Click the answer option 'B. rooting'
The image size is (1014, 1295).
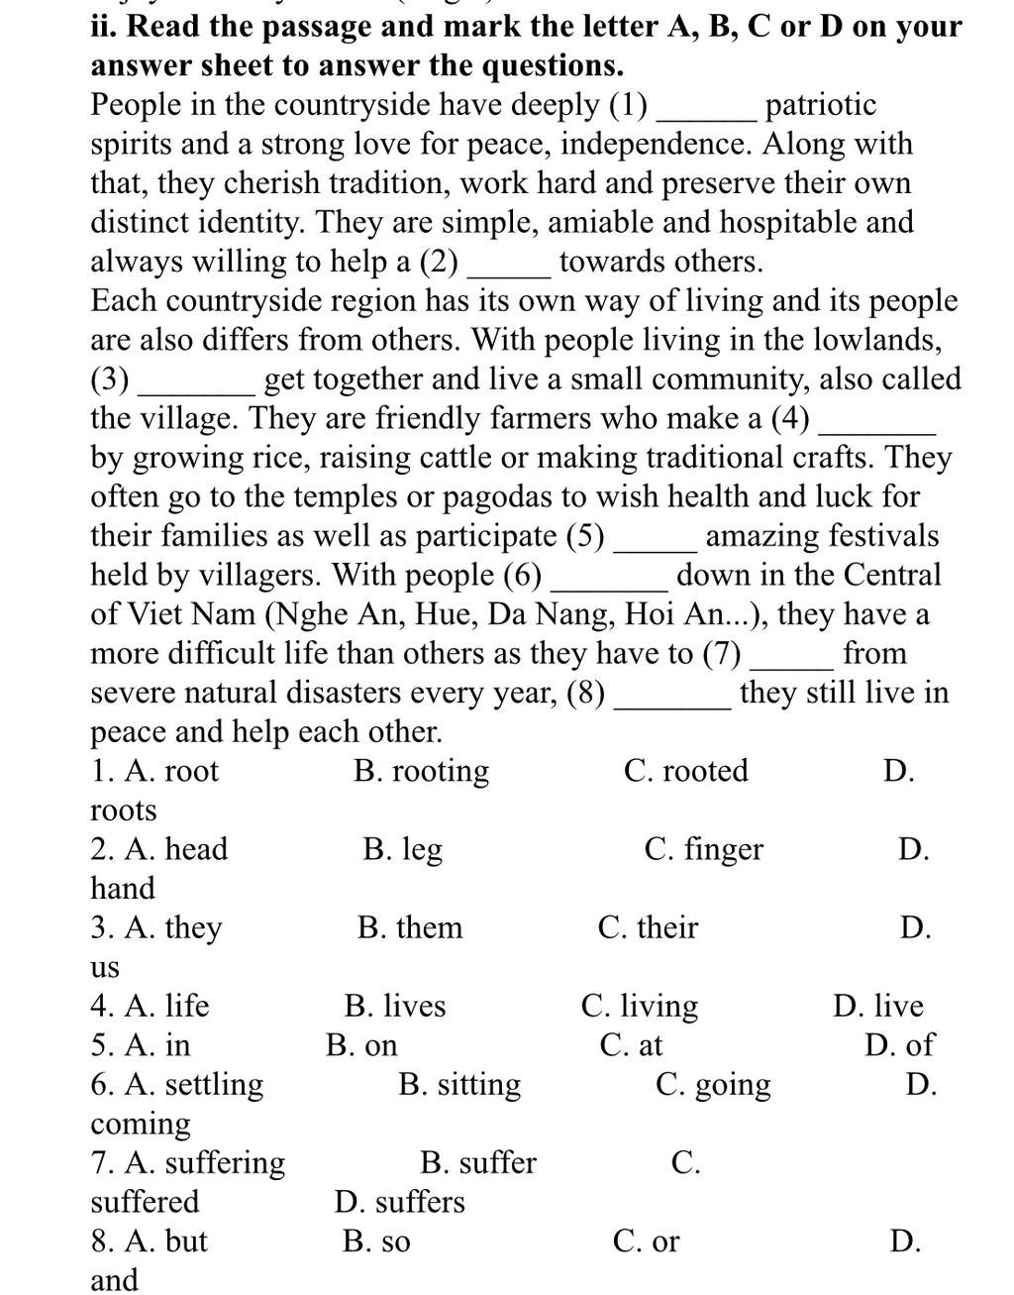click(421, 771)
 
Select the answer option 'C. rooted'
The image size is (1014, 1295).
click(685, 771)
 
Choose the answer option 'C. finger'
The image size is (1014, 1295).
click(703, 849)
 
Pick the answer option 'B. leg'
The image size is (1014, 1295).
click(402, 849)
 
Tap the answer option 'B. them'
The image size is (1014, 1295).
click(410, 927)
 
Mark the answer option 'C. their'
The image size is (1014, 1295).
click(648, 927)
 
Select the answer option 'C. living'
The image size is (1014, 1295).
click(639, 1006)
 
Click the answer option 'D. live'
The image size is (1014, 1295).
click(877, 1006)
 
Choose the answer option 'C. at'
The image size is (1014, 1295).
click(631, 1045)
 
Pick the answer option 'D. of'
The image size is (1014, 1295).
click(898, 1045)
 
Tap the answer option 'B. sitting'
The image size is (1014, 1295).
click(459, 1084)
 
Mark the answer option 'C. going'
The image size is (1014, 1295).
click(713, 1084)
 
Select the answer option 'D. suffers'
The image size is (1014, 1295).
click(399, 1202)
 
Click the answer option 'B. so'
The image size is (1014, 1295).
click(376, 1241)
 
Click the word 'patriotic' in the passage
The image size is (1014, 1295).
click(821, 105)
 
